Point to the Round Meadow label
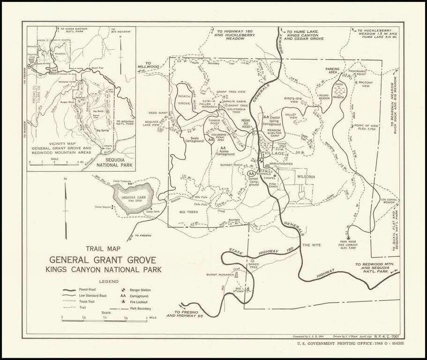(x=325, y=97)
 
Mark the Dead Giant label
(x=158, y=112)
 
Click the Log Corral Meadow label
(x=390, y=201)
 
